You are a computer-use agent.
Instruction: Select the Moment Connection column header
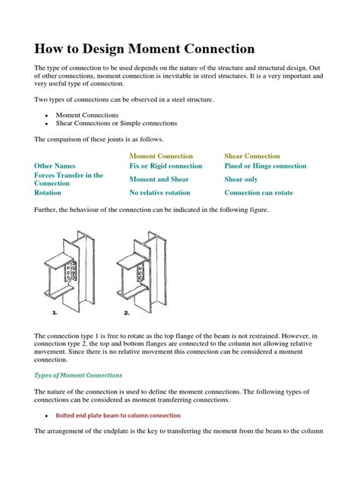(162, 156)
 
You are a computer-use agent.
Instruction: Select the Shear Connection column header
(252, 156)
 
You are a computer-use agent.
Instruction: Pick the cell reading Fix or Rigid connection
(166, 166)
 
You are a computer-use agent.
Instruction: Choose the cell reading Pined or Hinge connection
(265, 166)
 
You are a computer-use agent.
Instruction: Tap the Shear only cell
(241, 179)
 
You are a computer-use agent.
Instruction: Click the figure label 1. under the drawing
(55, 312)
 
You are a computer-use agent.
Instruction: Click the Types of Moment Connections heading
(78, 375)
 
